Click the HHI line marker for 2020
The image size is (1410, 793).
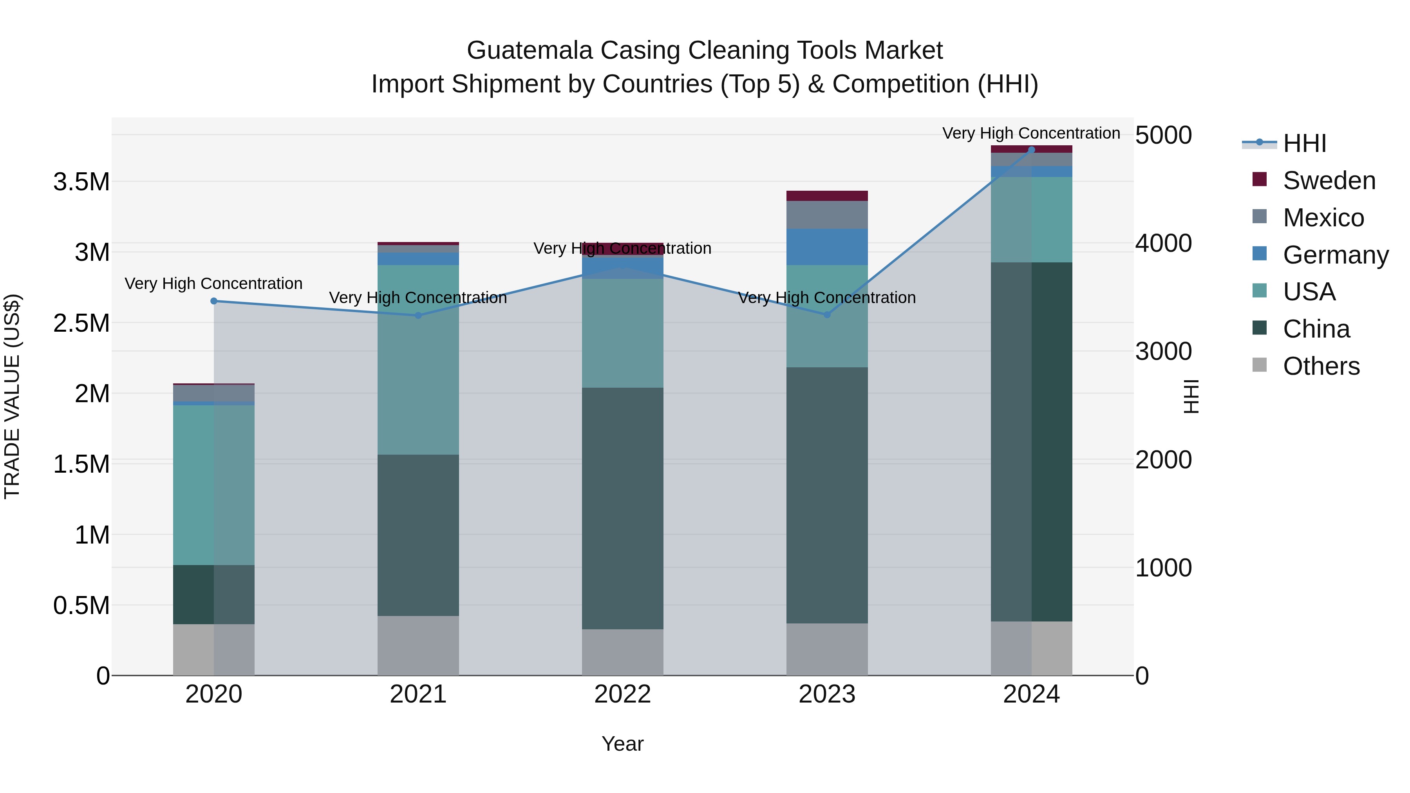click(x=214, y=301)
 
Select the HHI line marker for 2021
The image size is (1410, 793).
click(x=418, y=315)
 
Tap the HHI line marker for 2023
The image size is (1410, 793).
click(x=827, y=315)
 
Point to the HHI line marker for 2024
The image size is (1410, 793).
click(x=1031, y=150)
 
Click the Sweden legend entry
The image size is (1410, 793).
click(x=1329, y=181)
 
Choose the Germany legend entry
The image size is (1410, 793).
click(x=1335, y=255)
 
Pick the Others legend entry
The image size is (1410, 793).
click(x=1321, y=366)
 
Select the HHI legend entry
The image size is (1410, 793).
click(x=1304, y=143)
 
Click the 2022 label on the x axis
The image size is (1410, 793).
click(x=622, y=694)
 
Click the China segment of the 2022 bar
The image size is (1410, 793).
click(x=622, y=509)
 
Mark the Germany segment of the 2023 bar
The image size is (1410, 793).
click(x=827, y=247)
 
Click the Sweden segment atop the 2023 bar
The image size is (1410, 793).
click(x=827, y=196)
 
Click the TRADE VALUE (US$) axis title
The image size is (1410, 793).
click(x=12, y=396)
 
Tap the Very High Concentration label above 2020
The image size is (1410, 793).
click(x=213, y=284)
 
